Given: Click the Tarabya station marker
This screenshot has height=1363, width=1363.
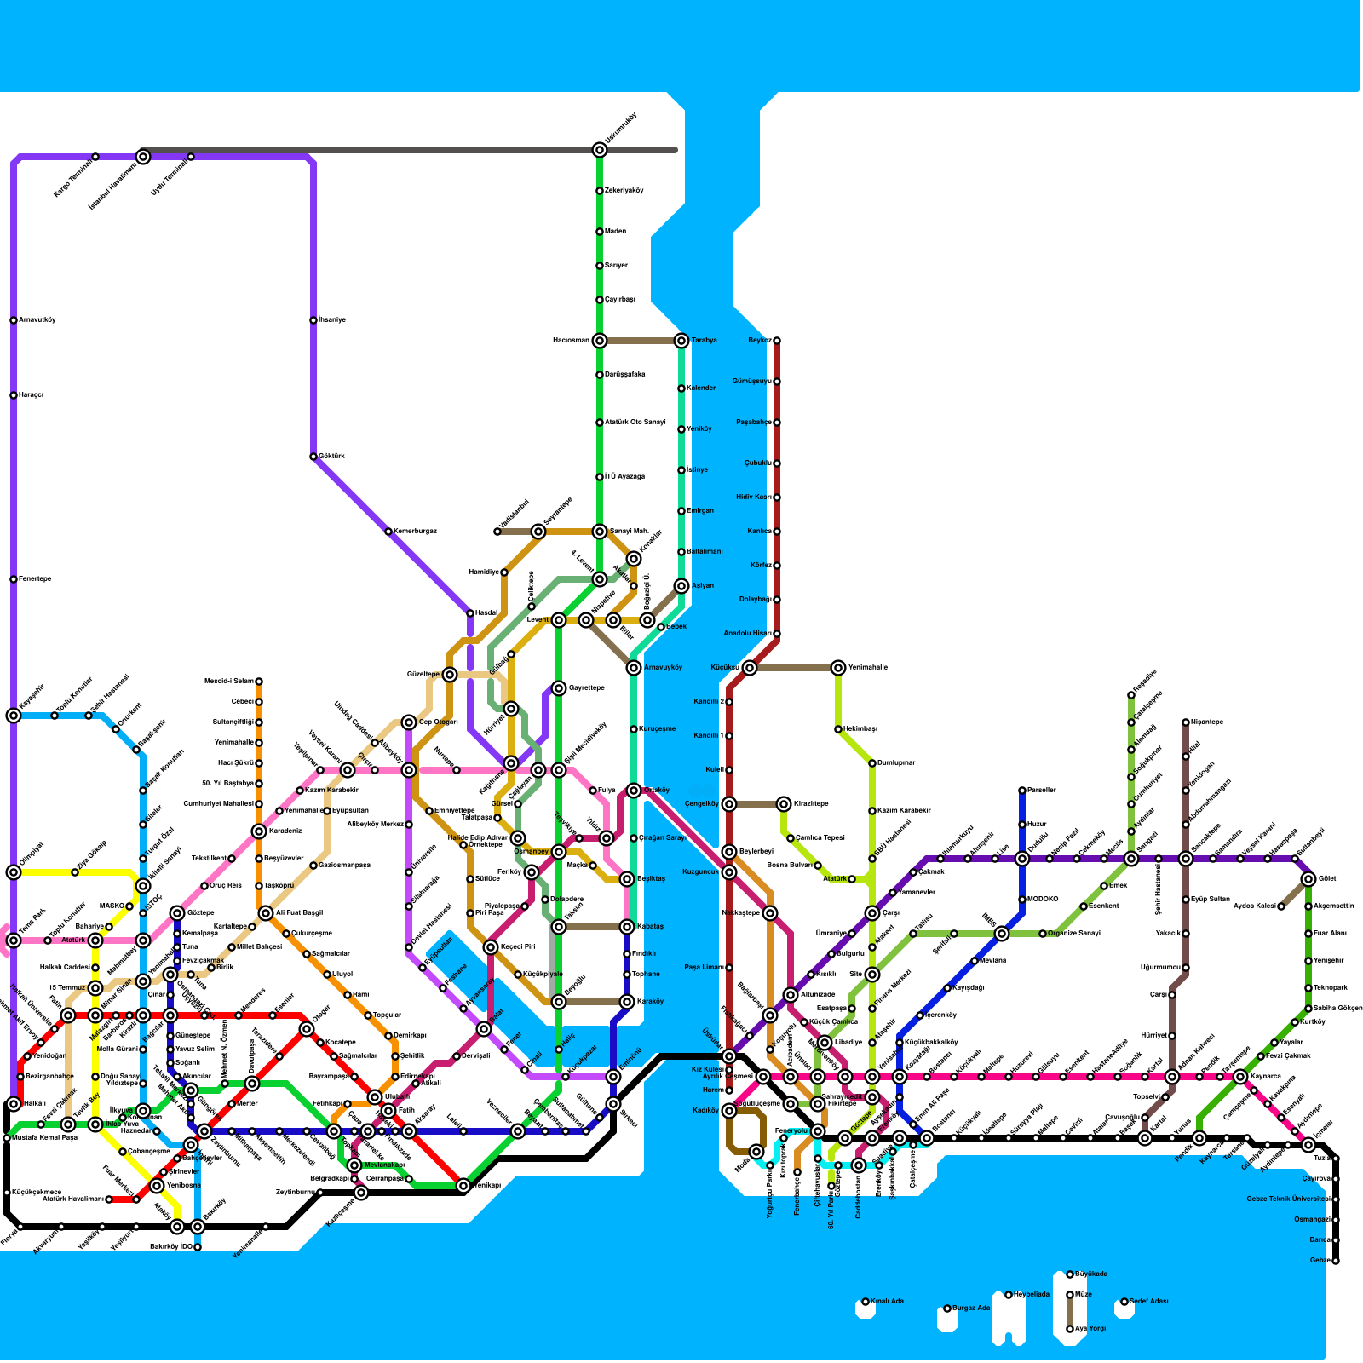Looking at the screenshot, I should coord(681,341).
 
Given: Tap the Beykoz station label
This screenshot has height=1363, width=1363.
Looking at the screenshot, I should coord(759,341).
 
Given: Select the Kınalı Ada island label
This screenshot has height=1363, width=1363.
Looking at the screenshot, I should coord(887,1301).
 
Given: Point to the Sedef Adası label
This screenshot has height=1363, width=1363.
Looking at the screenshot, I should coord(1149,1301).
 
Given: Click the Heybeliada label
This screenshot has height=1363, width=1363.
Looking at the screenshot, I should coord(1031,1294).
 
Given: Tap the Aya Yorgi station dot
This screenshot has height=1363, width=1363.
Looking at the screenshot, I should coord(1070,1328).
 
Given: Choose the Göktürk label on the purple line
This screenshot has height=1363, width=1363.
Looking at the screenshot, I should coord(332,457).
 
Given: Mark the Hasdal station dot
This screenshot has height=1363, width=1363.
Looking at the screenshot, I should coord(470,613).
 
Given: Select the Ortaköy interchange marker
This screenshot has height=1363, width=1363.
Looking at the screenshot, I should coord(634,791).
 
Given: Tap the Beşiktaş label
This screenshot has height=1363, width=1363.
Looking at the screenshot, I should coord(651,879).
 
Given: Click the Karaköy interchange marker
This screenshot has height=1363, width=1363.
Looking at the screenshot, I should coord(627,1002).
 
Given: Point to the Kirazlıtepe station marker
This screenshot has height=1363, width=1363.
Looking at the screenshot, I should coord(784,804).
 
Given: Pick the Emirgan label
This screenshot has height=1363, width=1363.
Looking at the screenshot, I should coord(700,511).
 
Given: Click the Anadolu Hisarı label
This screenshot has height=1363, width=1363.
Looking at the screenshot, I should coord(747,634).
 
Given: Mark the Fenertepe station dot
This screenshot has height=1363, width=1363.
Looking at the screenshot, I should coord(14,579).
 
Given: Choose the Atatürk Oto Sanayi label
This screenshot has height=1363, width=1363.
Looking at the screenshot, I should coord(635,423).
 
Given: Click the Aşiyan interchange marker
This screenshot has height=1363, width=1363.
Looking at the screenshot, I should coord(681,586).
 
